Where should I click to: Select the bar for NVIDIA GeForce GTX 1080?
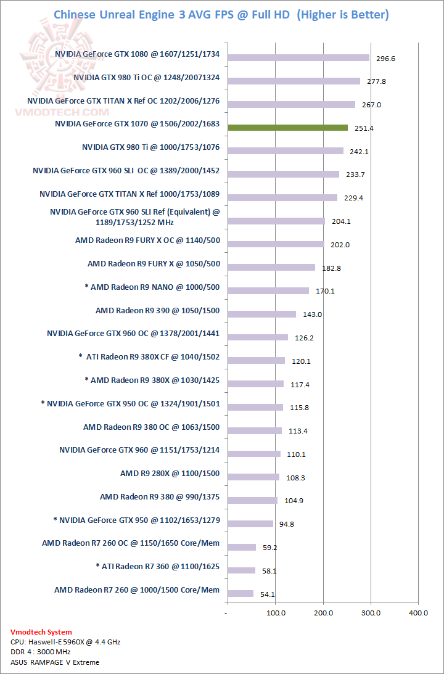(x=298, y=58)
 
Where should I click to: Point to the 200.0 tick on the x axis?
(x=324, y=613)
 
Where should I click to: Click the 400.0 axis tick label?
(x=418, y=613)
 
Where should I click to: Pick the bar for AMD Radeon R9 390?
(x=262, y=314)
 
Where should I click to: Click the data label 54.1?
(x=268, y=594)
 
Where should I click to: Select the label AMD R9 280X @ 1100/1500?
(x=170, y=474)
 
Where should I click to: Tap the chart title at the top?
(x=221, y=14)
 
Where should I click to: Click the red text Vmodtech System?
(x=41, y=632)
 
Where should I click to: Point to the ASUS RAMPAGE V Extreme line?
(x=55, y=662)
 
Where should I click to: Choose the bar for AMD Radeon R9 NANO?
(x=268, y=290)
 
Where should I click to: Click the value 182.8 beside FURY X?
(x=330, y=268)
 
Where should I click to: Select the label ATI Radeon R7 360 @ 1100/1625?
(x=158, y=566)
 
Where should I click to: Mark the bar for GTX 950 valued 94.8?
(x=250, y=524)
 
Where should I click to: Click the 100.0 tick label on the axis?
(x=276, y=613)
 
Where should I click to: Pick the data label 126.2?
(x=303, y=338)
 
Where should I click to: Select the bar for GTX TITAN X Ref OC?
(x=292, y=104)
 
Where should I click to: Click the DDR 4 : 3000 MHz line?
(x=40, y=652)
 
